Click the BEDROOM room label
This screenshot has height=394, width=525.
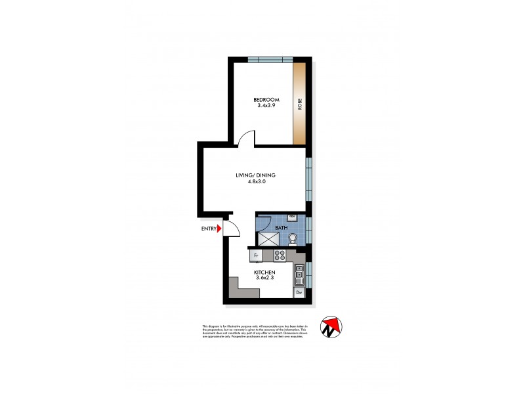click(x=266, y=100)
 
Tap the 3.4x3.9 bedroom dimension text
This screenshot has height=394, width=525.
click(x=266, y=106)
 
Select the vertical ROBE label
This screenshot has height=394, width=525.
click(x=300, y=103)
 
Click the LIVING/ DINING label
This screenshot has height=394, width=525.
click(x=256, y=175)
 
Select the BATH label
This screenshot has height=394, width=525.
click(x=281, y=228)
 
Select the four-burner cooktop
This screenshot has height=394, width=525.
click(x=279, y=255)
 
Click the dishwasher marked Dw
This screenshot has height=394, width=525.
click(x=299, y=292)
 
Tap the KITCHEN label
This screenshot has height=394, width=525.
click(x=264, y=273)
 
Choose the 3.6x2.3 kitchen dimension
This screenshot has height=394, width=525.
click(x=264, y=279)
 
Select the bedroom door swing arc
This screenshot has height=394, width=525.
click(x=246, y=139)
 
